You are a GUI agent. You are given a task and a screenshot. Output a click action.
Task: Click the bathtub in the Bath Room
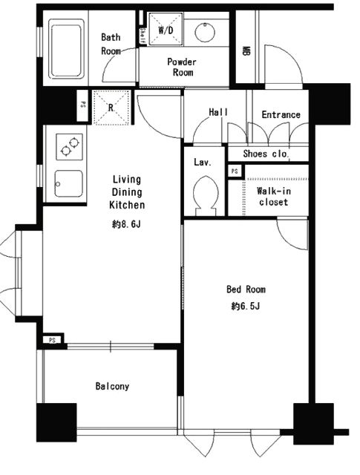(x=66, y=49)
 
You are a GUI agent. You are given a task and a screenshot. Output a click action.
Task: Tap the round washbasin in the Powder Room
(x=205, y=32)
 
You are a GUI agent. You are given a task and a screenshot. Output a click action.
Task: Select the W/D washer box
(x=166, y=30)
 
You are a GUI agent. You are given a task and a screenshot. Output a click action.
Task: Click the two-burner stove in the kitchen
(x=69, y=146)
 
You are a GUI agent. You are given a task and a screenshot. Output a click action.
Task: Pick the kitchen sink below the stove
(x=68, y=183)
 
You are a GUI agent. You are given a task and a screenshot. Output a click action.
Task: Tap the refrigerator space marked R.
(x=111, y=108)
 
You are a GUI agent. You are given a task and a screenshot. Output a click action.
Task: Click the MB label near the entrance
(x=246, y=51)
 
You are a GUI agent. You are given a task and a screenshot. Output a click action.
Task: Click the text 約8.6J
(x=126, y=224)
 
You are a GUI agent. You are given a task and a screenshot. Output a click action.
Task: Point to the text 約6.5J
(x=246, y=307)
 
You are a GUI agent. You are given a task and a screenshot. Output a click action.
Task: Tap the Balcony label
(x=112, y=386)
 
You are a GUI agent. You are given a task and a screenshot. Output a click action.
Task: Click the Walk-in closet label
(x=274, y=196)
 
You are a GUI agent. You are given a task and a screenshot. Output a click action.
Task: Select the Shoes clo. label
(x=266, y=154)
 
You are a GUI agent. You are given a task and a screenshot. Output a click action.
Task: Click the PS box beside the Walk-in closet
(x=235, y=171)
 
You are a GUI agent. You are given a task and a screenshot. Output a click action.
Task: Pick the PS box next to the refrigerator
(x=82, y=105)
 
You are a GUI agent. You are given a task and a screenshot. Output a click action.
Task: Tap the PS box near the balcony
(x=53, y=340)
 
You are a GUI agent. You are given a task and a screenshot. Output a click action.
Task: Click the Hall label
(x=218, y=112)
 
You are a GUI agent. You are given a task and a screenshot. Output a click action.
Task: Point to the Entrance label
(x=281, y=114)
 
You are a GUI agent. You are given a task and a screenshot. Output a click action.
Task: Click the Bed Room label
(x=246, y=289)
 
